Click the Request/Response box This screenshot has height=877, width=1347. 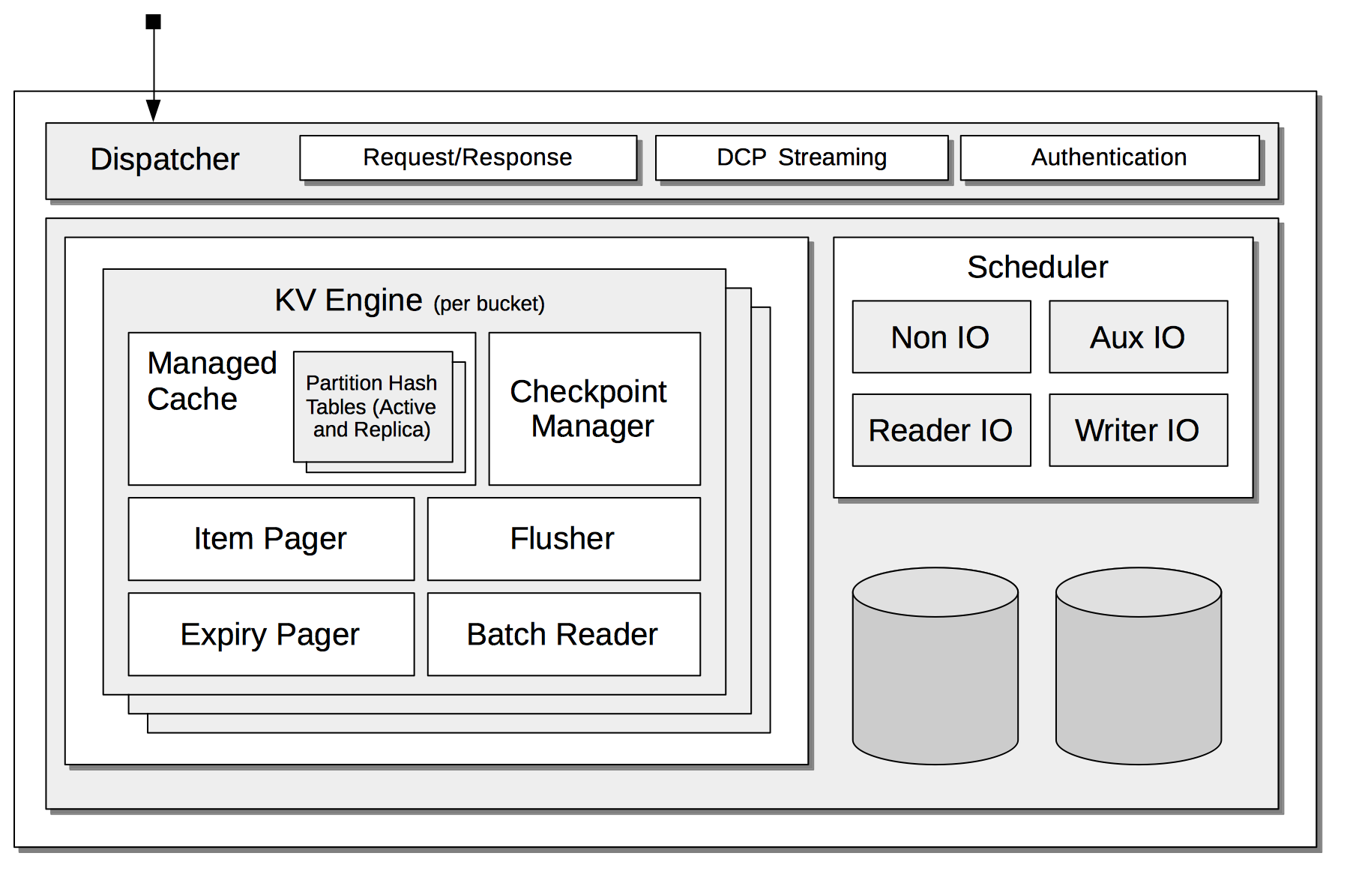coord(468,157)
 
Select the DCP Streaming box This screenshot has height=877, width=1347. coord(801,157)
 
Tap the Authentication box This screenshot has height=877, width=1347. coord(1109,157)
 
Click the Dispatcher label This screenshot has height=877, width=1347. coord(165,159)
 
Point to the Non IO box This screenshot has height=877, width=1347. coord(941,337)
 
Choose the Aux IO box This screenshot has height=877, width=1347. coord(1138,337)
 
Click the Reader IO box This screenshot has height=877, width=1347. coord(941,430)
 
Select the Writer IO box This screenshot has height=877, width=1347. coord(1138,430)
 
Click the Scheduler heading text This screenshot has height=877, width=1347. coord(1037,267)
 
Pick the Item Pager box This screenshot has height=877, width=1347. coord(271,538)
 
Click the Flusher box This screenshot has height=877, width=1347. coord(564,538)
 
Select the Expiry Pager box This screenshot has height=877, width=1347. coord(271,634)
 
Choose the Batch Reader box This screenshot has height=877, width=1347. coord(564,634)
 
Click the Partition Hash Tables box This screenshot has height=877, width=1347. coord(373,406)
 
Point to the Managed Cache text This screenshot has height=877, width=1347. coord(211,381)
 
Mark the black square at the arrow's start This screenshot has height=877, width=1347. coord(153,22)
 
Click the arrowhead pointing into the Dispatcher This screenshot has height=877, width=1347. coord(153,110)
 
